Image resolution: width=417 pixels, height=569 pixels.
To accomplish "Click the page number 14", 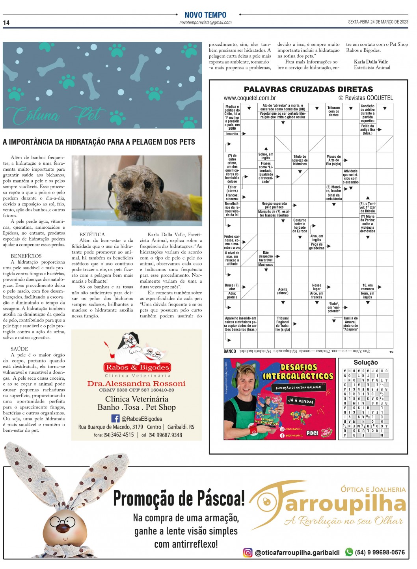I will [6, 23].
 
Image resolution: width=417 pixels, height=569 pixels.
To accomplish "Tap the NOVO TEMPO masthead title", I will [205, 15].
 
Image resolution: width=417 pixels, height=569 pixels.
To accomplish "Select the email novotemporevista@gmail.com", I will [205, 23].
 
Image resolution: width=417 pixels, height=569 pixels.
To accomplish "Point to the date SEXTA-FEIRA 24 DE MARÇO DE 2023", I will [378, 22].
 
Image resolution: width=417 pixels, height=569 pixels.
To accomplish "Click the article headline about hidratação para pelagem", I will [99, 142].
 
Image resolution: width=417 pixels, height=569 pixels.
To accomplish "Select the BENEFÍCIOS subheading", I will [26, 256].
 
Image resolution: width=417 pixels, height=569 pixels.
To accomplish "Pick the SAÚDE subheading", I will [19, 349].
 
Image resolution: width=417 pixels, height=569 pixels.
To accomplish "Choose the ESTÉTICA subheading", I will [92, 234].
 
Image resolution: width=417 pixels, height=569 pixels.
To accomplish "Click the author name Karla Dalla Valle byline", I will [370, 62].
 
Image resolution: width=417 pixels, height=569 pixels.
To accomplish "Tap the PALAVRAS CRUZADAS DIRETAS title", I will [308, 90].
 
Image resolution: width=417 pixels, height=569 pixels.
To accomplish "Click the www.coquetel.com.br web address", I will [249, 98].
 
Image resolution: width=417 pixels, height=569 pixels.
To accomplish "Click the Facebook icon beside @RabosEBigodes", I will [115, 419].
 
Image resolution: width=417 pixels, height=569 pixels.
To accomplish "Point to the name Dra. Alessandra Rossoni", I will [136, 384].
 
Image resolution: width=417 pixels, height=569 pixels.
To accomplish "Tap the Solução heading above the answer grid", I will [365, 362].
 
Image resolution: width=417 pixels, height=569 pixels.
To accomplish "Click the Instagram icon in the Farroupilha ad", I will [248, 552].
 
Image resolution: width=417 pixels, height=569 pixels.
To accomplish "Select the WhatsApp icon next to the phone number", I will [349, 552].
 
